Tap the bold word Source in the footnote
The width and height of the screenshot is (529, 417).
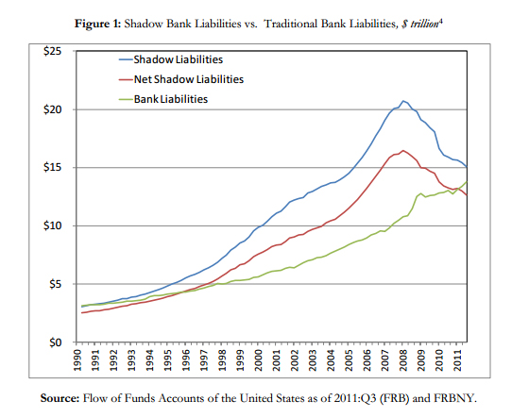point(63,397)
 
